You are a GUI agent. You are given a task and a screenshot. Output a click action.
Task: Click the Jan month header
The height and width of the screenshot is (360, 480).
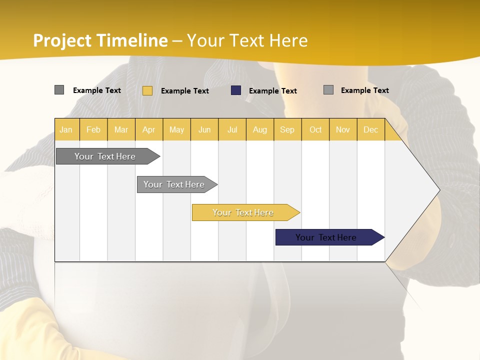(66, 130)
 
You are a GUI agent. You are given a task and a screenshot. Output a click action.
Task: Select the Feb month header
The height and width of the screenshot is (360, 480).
(93, 130)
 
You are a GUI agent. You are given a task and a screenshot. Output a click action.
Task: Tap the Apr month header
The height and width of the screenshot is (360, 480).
(148, 130)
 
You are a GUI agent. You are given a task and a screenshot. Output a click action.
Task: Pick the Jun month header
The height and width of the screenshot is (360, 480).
(204, 130)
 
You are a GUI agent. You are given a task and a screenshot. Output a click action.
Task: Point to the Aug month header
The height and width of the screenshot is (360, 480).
(259, 130)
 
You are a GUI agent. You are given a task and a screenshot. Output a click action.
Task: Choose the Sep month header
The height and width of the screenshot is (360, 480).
(287, 130)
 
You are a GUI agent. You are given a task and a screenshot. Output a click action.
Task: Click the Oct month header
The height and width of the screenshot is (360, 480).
(315, 130)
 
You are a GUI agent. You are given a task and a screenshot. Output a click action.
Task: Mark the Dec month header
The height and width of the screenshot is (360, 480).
(370, 130)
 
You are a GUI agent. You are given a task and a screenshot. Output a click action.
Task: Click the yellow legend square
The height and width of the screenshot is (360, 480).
(147, 90)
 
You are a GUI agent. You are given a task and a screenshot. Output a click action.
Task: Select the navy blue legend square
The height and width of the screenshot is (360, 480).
(236, 90)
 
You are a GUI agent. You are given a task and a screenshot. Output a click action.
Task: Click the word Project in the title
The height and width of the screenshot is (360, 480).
(62, 40)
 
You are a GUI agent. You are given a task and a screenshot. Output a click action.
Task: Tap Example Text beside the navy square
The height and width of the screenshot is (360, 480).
(272, 91)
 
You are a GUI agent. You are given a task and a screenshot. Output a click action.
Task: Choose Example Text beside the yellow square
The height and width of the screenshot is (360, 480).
(184, 91)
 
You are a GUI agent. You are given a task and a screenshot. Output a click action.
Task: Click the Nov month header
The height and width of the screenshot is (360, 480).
(342, 130)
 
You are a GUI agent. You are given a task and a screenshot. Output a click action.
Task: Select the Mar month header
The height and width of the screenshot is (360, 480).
(121, 130)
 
